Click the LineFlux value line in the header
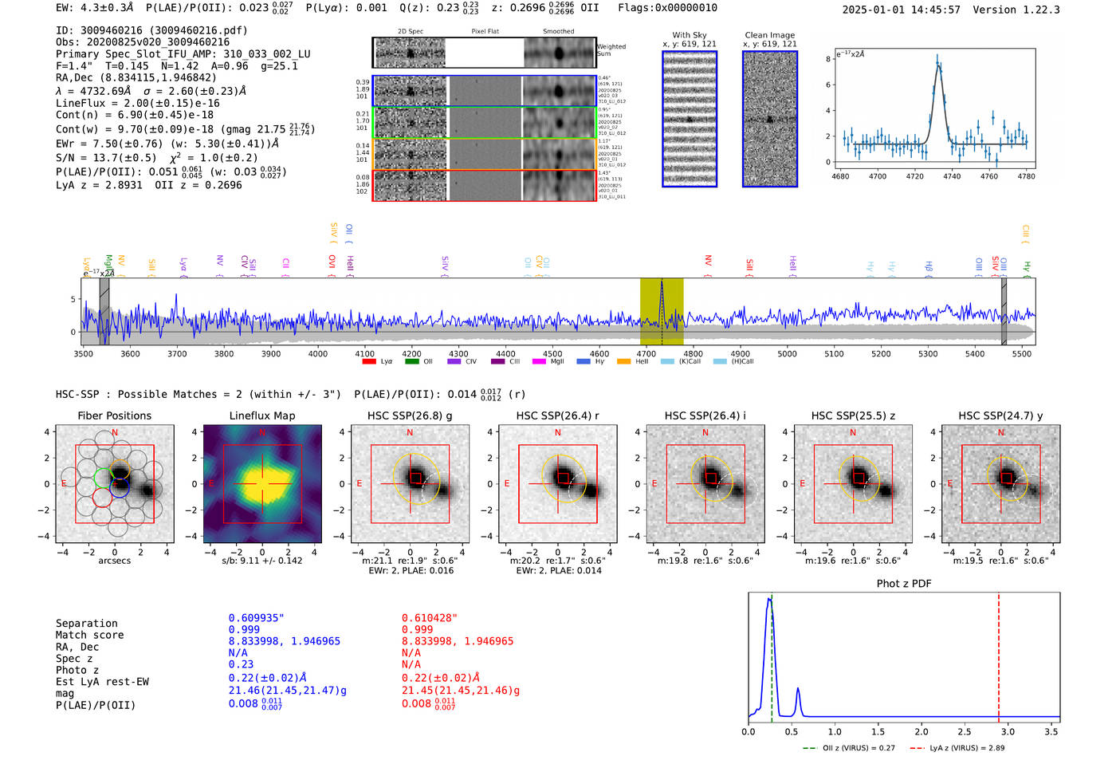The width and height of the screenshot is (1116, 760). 138,103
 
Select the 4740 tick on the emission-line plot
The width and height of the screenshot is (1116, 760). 952,176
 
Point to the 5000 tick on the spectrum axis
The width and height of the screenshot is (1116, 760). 787,353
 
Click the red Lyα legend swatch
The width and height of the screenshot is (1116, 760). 369,361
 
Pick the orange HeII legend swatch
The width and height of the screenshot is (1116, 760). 623,361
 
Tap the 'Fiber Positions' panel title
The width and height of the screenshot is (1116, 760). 114,415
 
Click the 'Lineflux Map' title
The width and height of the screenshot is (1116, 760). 262,415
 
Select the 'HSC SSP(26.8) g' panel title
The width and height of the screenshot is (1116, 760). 410,415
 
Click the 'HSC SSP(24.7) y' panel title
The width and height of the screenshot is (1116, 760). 1000,415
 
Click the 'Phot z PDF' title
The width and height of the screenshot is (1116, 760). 904,584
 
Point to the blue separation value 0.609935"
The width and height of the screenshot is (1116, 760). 256,618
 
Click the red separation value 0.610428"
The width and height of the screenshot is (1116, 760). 430,618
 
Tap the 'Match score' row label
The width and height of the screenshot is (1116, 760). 89,635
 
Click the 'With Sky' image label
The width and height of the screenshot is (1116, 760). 689,35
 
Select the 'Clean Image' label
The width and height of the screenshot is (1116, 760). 769,35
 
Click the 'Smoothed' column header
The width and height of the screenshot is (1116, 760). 558,32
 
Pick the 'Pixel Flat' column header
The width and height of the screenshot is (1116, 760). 485,32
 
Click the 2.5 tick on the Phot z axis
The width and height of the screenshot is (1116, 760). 965,731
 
